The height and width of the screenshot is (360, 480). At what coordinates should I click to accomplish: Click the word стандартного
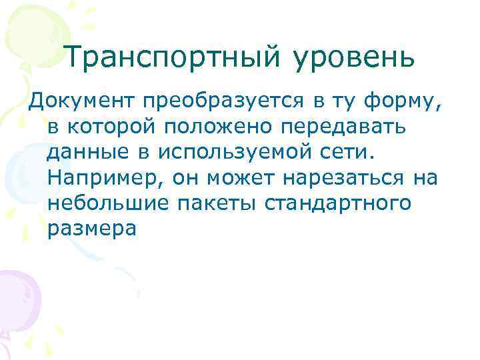point(340,203)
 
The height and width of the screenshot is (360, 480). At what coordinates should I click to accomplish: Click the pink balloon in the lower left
point(17,300)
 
